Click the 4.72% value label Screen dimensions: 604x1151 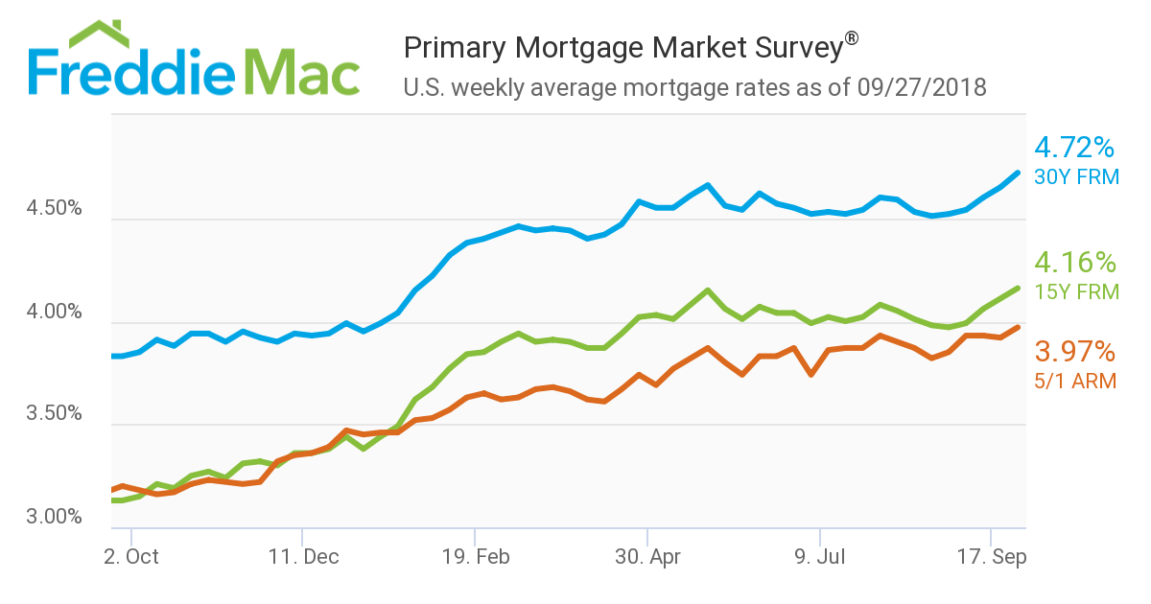coord(1074,149)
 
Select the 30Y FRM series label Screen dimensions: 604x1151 coord(1076,176)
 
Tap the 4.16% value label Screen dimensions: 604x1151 coord(1074,263)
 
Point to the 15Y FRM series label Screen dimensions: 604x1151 coord(1076,291)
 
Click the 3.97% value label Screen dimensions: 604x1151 coord(1074,352)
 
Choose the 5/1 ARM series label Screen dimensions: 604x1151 coord(1074,381)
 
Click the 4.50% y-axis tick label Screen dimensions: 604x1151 coord(56,209)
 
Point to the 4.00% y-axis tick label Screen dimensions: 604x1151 coord(56,313)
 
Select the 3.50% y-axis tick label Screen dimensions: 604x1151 coord(56,415)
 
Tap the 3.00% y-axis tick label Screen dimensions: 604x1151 coord(56,518)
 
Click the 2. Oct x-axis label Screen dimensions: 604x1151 coord(130,556)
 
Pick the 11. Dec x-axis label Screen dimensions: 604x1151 coord(302,556)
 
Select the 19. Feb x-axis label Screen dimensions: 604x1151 coord(475,556)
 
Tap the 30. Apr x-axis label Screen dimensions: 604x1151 coord(647,556)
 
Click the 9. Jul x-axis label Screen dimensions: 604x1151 coord(820,556)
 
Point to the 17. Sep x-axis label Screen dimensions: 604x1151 coord(990,556)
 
